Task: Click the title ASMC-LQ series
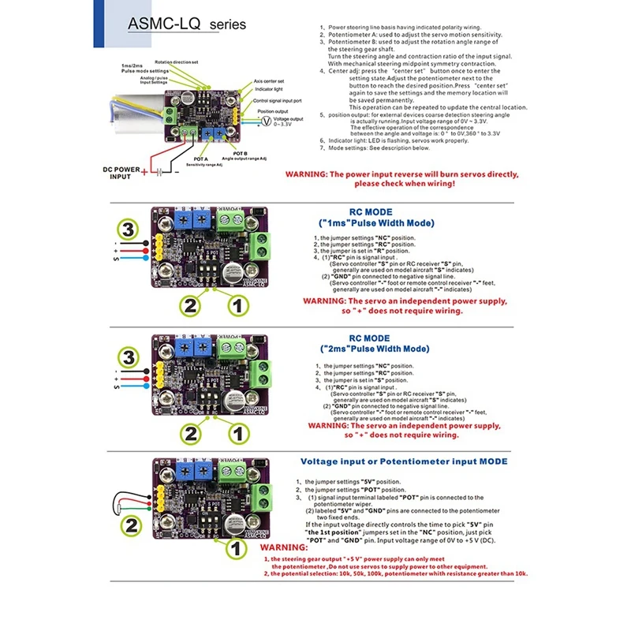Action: (x=186, y=25)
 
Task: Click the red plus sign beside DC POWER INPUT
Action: (x=144, y=172)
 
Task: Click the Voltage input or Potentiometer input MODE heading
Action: (x=404, y=461)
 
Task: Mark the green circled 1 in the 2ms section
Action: (x=234, y=432)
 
